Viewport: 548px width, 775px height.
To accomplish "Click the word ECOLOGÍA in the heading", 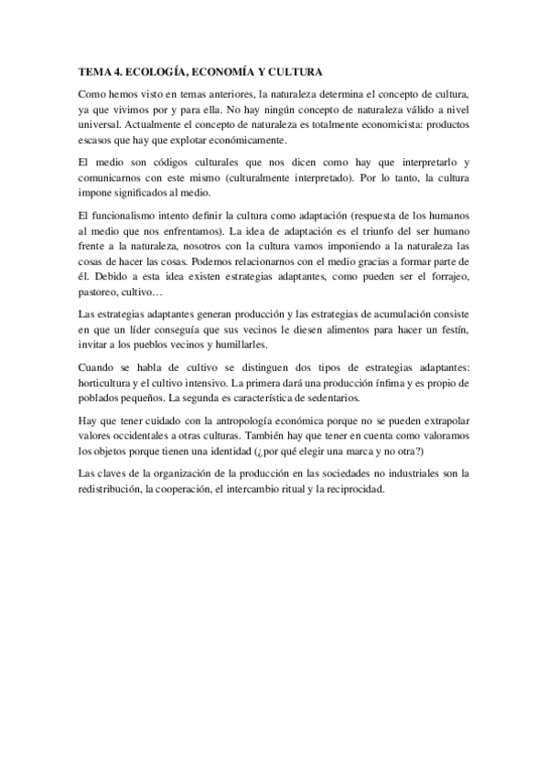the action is (156, 70).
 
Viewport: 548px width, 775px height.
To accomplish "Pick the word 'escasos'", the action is (95, 140).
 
